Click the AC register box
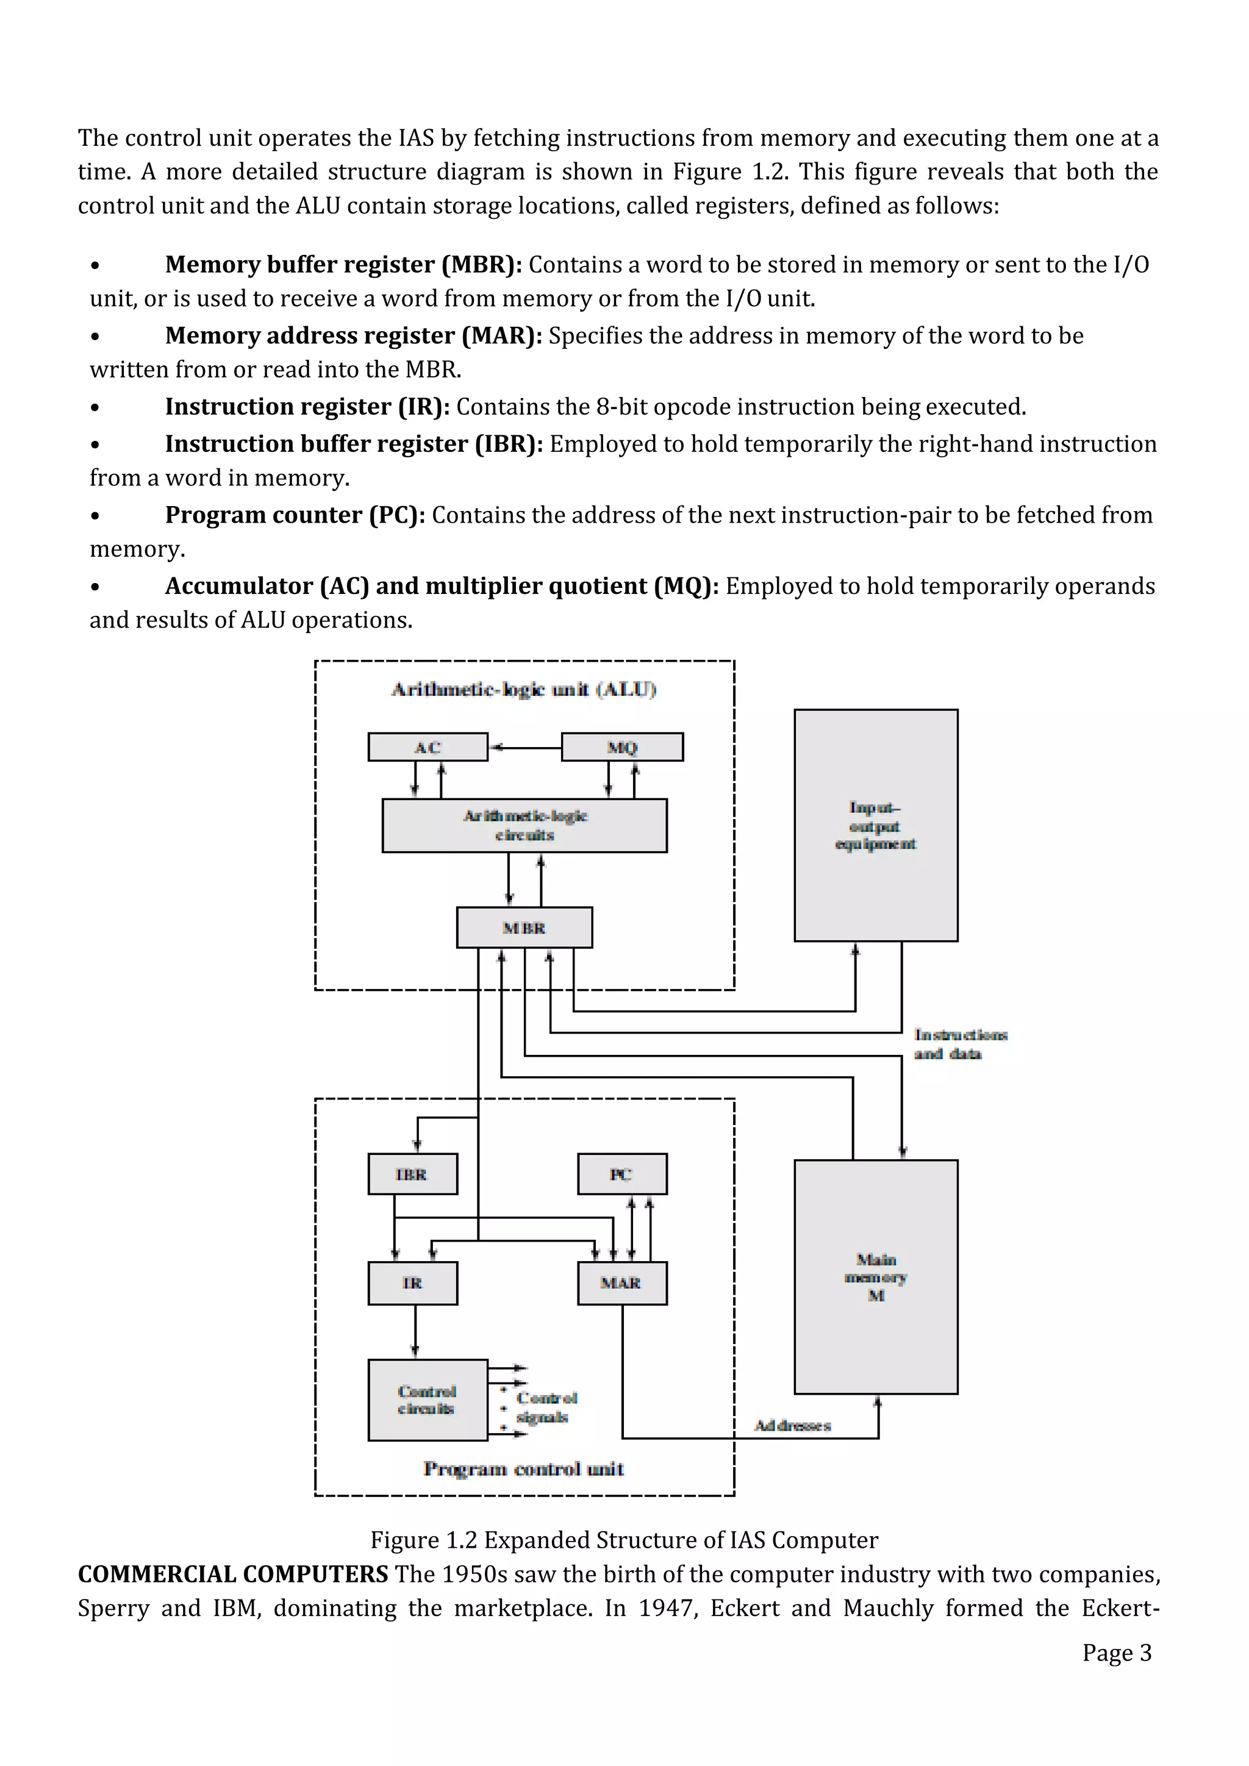point(428,747)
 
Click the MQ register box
point(622,747)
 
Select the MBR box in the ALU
point(524,928)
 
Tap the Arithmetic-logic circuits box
point(524,825)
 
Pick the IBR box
point(412,1174)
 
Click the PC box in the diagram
point(621,1174)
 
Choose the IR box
point(412,1283)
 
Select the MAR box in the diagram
point(621,1283)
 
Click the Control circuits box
point(428,1400)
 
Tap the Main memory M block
point(875,1277)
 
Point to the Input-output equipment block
point(875,825)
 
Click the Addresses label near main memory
point(792,1425)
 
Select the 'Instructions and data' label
point(960,1044)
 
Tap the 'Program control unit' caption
point(524,1469)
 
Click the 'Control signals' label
point(546,1407)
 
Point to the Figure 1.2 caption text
point(624,1540)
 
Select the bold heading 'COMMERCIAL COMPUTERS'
point(233,1574)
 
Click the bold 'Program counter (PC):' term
point(295,515)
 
